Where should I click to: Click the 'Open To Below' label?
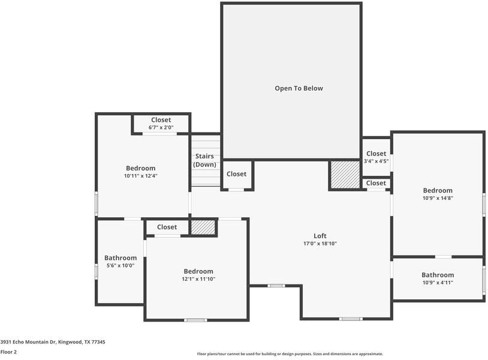pyautogui.click(x=299, y=88)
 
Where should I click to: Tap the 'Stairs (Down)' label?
pyautogui.click(x=204, y=160)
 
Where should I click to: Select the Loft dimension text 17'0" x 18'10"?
pyautogui.click(x=320, y=244)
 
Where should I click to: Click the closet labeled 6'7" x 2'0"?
pyautogui.click(x=161, y=127)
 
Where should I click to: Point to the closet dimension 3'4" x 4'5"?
pyautogui.click(x=376, y=161)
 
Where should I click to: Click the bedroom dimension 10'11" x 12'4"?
pyautogui.click(x=140, y=176)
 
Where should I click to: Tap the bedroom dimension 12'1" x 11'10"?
pyautogui.click(x=198, y=279)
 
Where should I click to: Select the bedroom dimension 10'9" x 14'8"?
pyautogui.click(x=437, y=198)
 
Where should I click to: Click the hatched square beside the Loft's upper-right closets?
pyautogui.click(x=344, y=175)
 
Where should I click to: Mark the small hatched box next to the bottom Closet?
pyautogui.click(x=203, y=227)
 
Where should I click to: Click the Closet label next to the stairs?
pyautogui.click(x=236, y=174)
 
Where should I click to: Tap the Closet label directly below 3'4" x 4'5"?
pyautogui.click(x=376, y=183)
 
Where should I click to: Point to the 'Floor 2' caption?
pyautogui.click(x=8, y=352)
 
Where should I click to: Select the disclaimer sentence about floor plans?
pyautogui.click(x=290, y=354)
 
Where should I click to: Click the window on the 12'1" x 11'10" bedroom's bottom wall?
pyautogui.click(x=195, y=320)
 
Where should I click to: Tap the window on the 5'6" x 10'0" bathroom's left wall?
pyautogui.click(x=96, y=271)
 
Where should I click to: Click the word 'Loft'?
pyautogui.click(x=320, y=236)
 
